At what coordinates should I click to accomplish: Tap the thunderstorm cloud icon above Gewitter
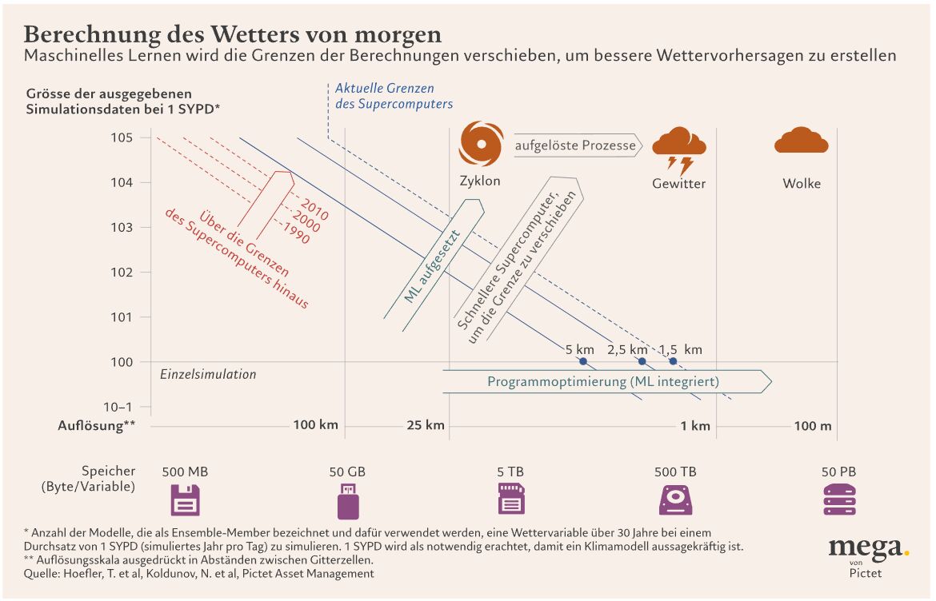coord(679,149)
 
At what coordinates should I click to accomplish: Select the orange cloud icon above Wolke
coord(801,141)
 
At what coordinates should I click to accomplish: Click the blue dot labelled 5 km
coord(583,362)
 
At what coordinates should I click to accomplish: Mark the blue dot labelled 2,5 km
coord(642,362)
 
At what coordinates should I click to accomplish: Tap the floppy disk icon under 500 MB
coord(185,500)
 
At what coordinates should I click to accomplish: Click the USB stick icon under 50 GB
coord(347,500)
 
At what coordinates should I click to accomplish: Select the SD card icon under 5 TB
coord(511,500)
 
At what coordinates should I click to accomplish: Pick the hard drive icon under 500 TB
coord(675,500)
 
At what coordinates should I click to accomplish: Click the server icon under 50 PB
coord(838,500)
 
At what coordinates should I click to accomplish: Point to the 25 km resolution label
coord(425,425)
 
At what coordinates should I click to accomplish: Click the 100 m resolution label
coord(813,425)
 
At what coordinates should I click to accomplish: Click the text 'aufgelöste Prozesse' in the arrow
coord(575,145)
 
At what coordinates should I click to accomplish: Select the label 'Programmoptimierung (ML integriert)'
coord(603,381)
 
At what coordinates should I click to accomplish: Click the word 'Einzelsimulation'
coord(208,374)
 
